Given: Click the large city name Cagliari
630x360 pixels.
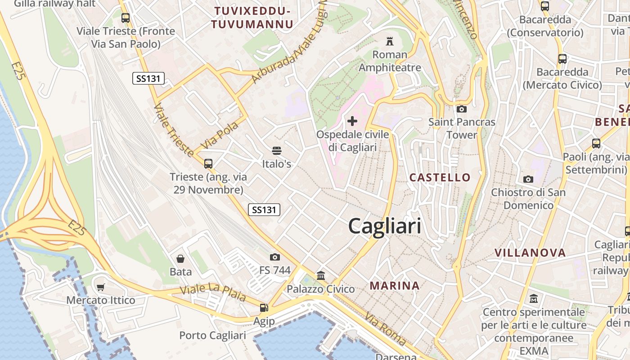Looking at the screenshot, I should (385, 226).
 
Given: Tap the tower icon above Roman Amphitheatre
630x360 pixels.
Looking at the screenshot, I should (390, 41).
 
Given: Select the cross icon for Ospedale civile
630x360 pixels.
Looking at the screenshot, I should (352, 121).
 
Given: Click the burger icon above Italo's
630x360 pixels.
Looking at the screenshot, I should (276, 150).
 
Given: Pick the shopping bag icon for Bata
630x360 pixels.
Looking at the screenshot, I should (180, 258).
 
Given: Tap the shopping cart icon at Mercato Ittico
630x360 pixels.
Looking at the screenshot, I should (101, 287).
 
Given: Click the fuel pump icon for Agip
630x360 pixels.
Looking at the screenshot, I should (264, 308).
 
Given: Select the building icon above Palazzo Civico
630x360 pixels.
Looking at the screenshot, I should (321, 275).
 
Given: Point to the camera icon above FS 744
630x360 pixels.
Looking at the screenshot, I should (275, 257).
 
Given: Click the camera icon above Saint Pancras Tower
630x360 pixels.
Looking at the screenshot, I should (461, 108).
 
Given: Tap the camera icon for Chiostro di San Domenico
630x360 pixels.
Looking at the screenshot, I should (528, 179).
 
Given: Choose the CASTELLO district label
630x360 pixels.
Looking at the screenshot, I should (440, 177).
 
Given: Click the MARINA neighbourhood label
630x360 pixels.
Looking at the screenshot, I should (395, 285).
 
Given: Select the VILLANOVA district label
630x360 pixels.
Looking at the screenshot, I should (530, 252).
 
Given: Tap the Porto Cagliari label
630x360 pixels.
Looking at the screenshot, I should (212, 335).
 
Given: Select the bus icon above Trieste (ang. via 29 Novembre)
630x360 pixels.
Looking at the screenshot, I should (208, 163).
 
